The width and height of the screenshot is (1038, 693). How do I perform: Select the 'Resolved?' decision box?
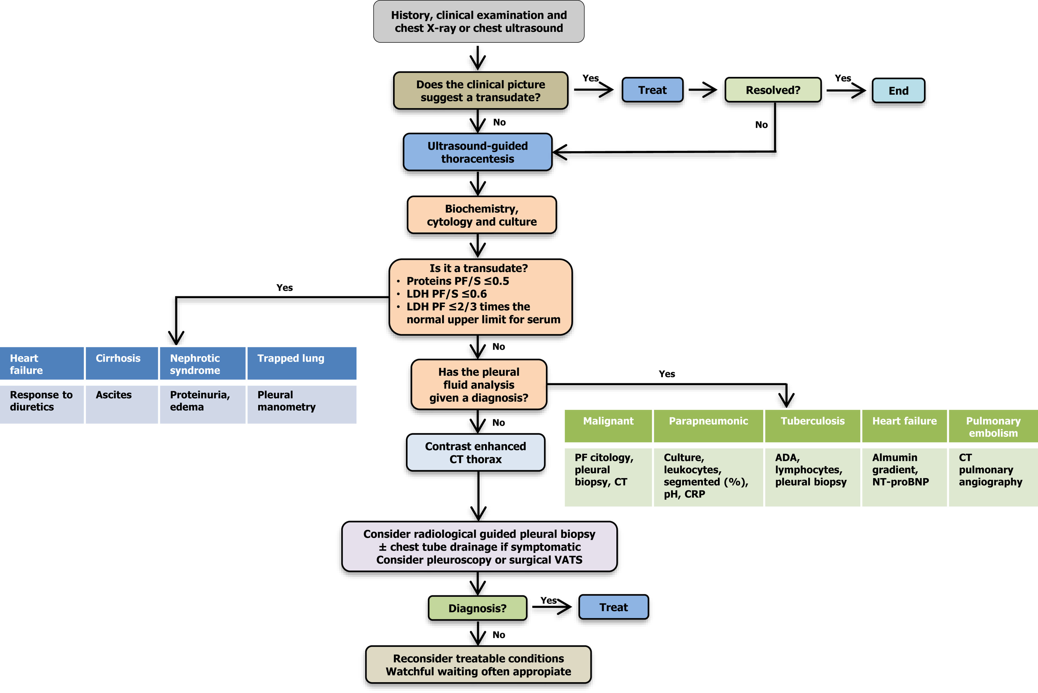[x=773, y=90]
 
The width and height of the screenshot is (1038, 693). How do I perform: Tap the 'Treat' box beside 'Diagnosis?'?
[x=613, y=607]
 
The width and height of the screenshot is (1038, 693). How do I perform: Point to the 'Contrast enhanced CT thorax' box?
[x=476, y=452]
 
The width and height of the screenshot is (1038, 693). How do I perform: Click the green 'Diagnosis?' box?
[x=477, y=608]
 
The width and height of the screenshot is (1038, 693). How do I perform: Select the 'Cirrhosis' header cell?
[x=121, y=363]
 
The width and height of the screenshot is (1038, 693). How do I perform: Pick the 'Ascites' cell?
[x=121, y=404]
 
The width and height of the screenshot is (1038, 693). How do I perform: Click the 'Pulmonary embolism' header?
[x=993, y=426]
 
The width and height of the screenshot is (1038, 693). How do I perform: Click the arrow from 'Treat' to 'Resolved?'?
[x=703, y=90]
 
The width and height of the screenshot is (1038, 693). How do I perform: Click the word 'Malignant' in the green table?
[x=608, y=421]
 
